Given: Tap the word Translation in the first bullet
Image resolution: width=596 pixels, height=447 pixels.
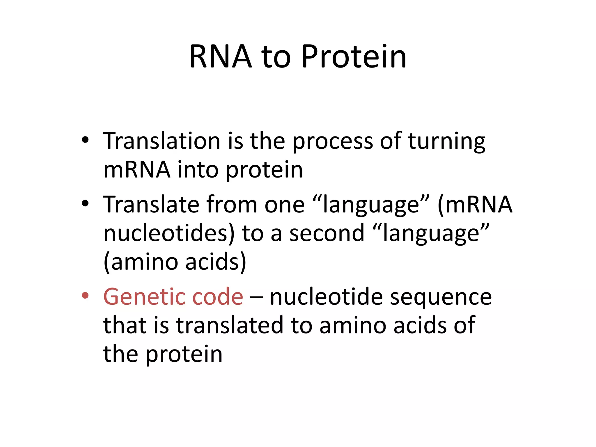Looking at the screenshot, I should coord(162,141).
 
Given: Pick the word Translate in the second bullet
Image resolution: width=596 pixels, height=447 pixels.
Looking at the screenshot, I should coord(151,205).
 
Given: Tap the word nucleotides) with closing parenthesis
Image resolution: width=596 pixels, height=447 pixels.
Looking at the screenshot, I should coord(169,233).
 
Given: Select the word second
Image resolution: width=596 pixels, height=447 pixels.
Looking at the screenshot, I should coord(327,233).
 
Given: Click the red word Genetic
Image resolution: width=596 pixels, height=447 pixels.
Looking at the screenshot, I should coord(144,297).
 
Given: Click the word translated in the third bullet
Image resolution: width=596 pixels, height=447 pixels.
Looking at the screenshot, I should coord(229,325).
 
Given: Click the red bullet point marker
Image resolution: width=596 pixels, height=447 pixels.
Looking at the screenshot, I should coord(85,296).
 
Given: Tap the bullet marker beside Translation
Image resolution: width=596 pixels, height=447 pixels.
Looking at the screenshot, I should coord(85,140).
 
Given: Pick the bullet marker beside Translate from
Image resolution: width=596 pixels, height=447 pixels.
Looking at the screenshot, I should coord(85,203).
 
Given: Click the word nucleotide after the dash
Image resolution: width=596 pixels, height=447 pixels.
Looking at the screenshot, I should coord(326,297).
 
